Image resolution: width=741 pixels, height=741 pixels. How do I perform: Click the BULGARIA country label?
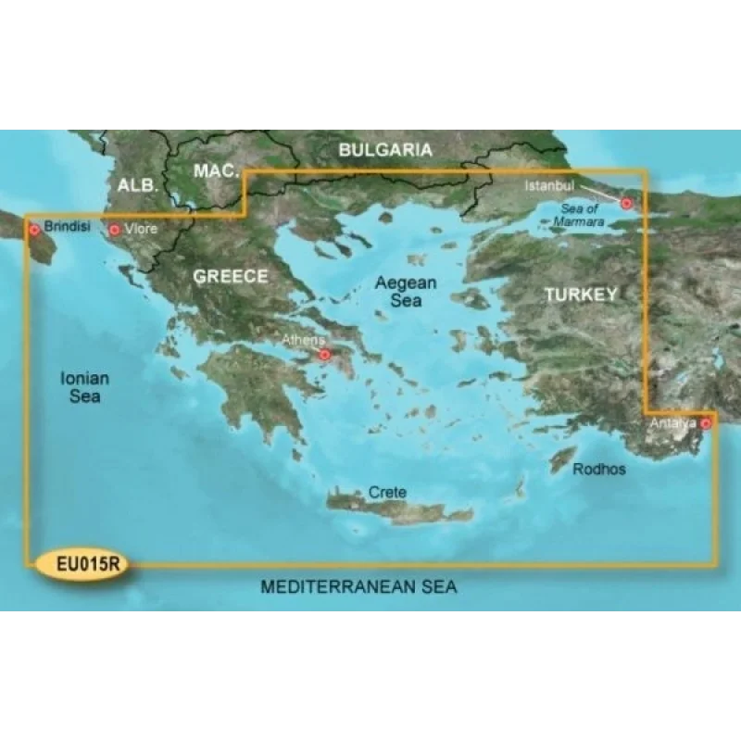click(x=385, y=149)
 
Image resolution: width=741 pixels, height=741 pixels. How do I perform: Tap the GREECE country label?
click(x=231, y=276)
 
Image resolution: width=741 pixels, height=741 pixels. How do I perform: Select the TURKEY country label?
click(x=580, y=295)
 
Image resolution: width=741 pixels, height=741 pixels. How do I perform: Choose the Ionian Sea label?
click(x=84, y=387)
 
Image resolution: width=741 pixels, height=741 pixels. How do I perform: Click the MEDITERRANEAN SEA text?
click(x=359, y=587)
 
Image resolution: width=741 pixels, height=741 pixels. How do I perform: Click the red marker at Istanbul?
click(x=626, y=203)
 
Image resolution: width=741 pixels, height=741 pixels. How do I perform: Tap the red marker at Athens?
click(x=324, y=355)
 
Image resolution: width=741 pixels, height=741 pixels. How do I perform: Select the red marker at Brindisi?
click(x=34, y=229)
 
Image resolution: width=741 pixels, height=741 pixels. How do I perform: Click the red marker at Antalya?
click(x=706, y=424)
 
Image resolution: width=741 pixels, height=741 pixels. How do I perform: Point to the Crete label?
click(x=387, y=493)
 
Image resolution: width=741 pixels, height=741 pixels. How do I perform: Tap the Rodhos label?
click(x=598, y=470)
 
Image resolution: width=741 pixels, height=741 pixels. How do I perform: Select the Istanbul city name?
click(x=545, y=186)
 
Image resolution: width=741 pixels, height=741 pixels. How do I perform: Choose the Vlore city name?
click(x=139, y=229)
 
